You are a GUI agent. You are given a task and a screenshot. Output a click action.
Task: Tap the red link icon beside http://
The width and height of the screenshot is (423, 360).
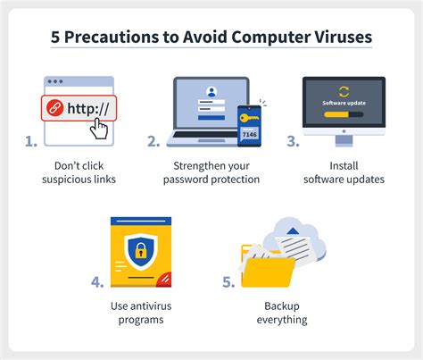[x=54, y=108]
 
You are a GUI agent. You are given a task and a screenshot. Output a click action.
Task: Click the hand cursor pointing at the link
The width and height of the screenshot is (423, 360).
[x=99, y=129]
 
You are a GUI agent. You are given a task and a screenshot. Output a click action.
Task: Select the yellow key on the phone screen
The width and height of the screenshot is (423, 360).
[x=249, y=118]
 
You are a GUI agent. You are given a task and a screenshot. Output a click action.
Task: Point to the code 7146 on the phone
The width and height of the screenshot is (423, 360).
[x=249, y=134]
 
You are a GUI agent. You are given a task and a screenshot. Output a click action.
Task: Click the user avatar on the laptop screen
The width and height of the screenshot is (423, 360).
[x=211, y=92]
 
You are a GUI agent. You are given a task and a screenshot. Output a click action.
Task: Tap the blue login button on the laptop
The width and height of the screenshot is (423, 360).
[x=211, y=118]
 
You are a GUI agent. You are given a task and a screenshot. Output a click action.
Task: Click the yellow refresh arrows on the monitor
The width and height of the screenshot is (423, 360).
[x=344, y=92]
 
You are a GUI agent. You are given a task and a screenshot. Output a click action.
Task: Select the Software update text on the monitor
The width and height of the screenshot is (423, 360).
[x=344, y=103]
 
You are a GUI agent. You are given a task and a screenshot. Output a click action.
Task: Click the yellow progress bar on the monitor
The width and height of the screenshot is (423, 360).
[x=336, y=114]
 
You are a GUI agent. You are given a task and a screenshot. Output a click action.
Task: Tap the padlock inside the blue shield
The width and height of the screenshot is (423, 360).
[x=141, y=250]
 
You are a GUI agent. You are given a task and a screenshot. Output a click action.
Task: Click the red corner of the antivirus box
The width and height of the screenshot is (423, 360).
[x=164, y=280]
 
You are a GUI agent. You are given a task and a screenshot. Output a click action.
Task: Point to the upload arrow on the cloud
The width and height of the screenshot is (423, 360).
[x=293, y=230]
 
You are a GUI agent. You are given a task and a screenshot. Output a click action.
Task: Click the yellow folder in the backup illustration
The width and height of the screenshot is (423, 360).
[x=268, y=272]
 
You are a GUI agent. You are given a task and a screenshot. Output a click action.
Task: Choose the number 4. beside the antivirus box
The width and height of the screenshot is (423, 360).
[x=97, y=282]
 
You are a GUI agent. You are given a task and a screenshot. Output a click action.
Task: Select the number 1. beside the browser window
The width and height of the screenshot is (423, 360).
[x=31, y=141]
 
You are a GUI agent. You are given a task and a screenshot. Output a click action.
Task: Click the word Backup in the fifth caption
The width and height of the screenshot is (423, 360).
[x=282, y=306]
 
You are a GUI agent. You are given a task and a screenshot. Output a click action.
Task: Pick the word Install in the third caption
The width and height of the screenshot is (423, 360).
[x=344, y=166]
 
